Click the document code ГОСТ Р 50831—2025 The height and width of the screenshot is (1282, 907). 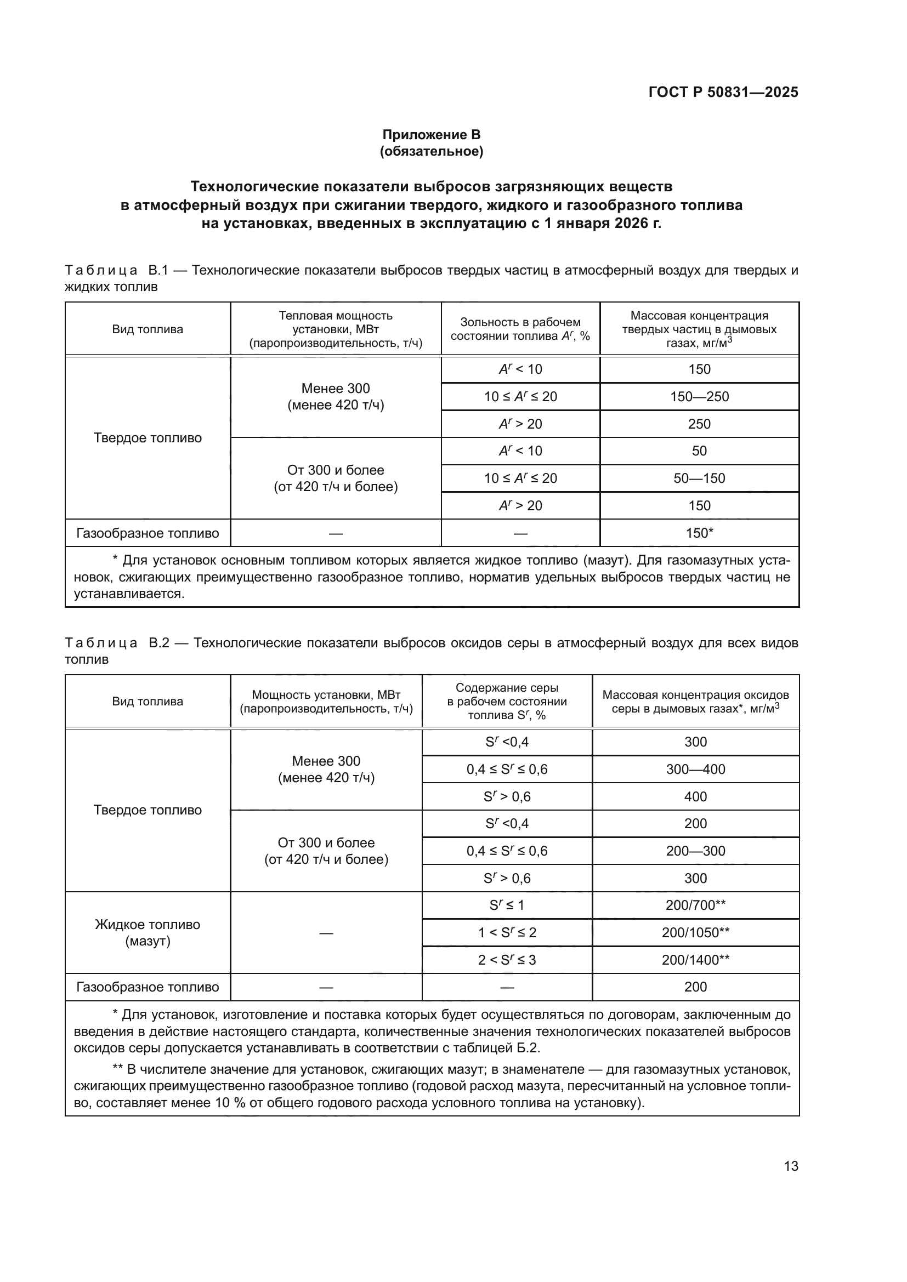pyautogui.click(x=723, y=92)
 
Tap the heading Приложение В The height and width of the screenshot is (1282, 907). pyautogui.click(x=431, y=135)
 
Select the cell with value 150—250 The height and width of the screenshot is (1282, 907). pyautogui.click(x=699, y=396)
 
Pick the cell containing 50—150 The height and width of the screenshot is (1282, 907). pyautogui.click(x=699, y=478)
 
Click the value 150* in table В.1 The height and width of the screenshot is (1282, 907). pyautogui.click(x=699, y=533)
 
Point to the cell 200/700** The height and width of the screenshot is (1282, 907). pyautogui.click(x=695, y=905)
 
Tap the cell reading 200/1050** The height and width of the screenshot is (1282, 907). pyautogui.click(x=695, y=932)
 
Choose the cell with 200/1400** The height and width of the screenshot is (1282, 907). pyautogui.click(x=695, y=960)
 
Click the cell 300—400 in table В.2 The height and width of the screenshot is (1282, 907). pyautogui.click(x=695, y=769)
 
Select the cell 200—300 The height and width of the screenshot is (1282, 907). pyautogui.click(x=695, y=851)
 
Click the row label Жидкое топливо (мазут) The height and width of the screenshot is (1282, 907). pyautogui.click(x=148, y=932)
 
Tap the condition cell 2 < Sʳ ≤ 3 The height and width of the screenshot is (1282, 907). pyautogui.click(x=507, y=960)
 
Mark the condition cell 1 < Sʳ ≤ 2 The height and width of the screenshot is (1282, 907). pyautogui.click(x=507, y=932)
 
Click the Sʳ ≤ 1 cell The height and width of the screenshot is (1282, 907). pyautogui.click(x=507, y=905)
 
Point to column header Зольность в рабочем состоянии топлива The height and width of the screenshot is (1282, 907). pyautogui.click(x=520, y=329)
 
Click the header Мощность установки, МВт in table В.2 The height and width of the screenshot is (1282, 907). pyautogui.click(x=326, y=702)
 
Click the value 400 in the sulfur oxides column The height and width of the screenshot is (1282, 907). pyautogui.click(x=695, y=796)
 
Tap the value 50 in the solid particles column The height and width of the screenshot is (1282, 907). pyautogui.click(x=699, y=451)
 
